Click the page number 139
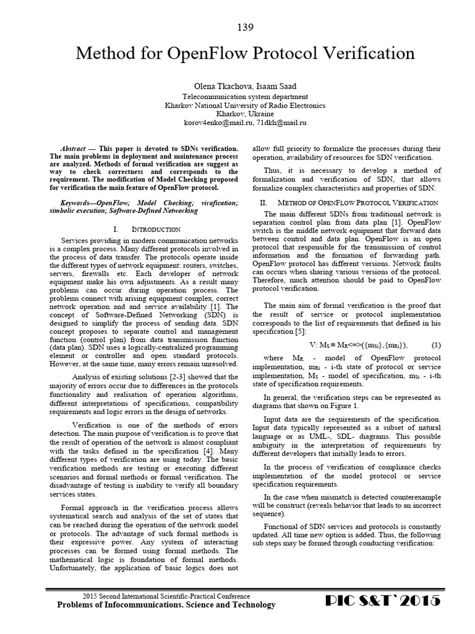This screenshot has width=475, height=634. click(245, 27)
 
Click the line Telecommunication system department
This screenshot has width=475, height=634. click(245, 97)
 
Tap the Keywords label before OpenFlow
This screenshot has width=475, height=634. click(81, 203)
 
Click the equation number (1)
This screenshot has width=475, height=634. click(435, 344)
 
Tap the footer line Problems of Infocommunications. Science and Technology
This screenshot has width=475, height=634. click(166, 605)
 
